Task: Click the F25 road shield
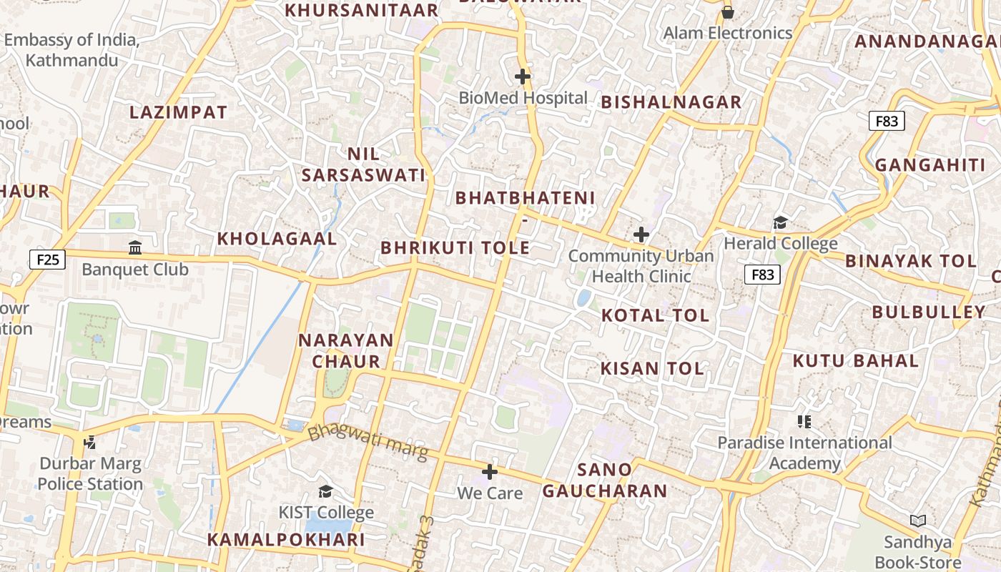point(48,259)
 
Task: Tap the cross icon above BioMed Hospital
point(523,76)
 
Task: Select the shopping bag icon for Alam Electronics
point(727,12)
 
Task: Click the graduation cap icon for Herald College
point(780,222)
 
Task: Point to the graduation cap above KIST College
point(325,491)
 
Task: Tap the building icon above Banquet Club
point(134,248)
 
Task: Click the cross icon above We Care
point(490,472)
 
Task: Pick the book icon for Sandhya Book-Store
point(918,521)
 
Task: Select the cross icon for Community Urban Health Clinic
point(641,234)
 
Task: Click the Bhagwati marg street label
point(368,443)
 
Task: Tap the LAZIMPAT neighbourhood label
point(178,112)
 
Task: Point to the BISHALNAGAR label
point(671,102)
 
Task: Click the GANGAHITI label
point(930,165)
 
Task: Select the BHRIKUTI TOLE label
point(455,248)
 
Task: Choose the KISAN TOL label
point(652,368)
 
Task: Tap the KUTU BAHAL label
point(855,360)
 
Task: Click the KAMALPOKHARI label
point(286,539)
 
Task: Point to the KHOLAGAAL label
point(277,239)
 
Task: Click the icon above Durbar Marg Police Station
point(89,443)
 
